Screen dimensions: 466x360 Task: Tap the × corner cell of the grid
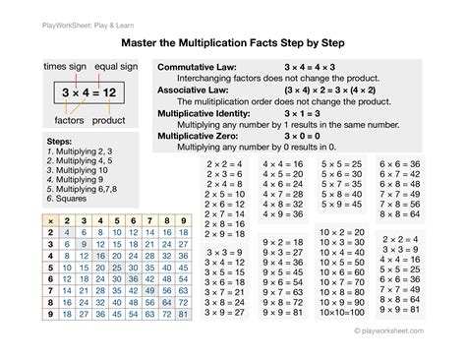point(24,220)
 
